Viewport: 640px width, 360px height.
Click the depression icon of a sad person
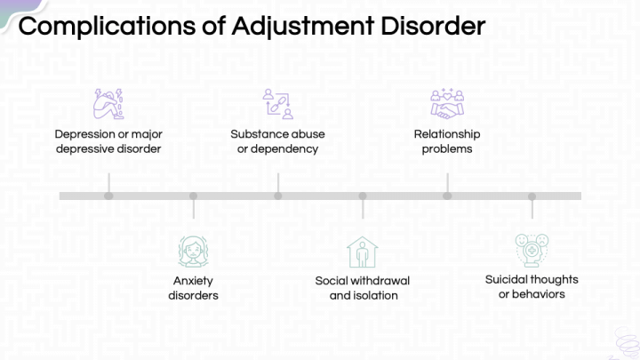pos(108,104)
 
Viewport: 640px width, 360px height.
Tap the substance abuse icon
pos(277,104)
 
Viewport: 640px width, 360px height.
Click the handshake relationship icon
pos(447,104)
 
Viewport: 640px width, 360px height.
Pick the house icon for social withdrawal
pos(362,252)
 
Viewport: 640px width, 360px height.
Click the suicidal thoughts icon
pos(532,249)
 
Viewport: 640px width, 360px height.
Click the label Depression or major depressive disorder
pos(108,141)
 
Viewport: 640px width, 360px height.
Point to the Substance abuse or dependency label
pos(277,141)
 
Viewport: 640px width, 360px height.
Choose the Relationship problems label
pos(447,141)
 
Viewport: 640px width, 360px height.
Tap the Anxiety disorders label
pos(193,288)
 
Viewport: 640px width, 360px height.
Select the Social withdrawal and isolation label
pos(363,288)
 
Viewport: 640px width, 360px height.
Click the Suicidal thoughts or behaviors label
pos(532,286)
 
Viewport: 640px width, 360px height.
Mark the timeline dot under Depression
pos(108,196)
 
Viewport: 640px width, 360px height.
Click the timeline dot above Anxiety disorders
pos(193,196)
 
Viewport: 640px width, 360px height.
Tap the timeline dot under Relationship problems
pos(447,196)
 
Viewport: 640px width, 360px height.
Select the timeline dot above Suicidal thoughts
pos(532,196)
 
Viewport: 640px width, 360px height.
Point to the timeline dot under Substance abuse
pos(277,196)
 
